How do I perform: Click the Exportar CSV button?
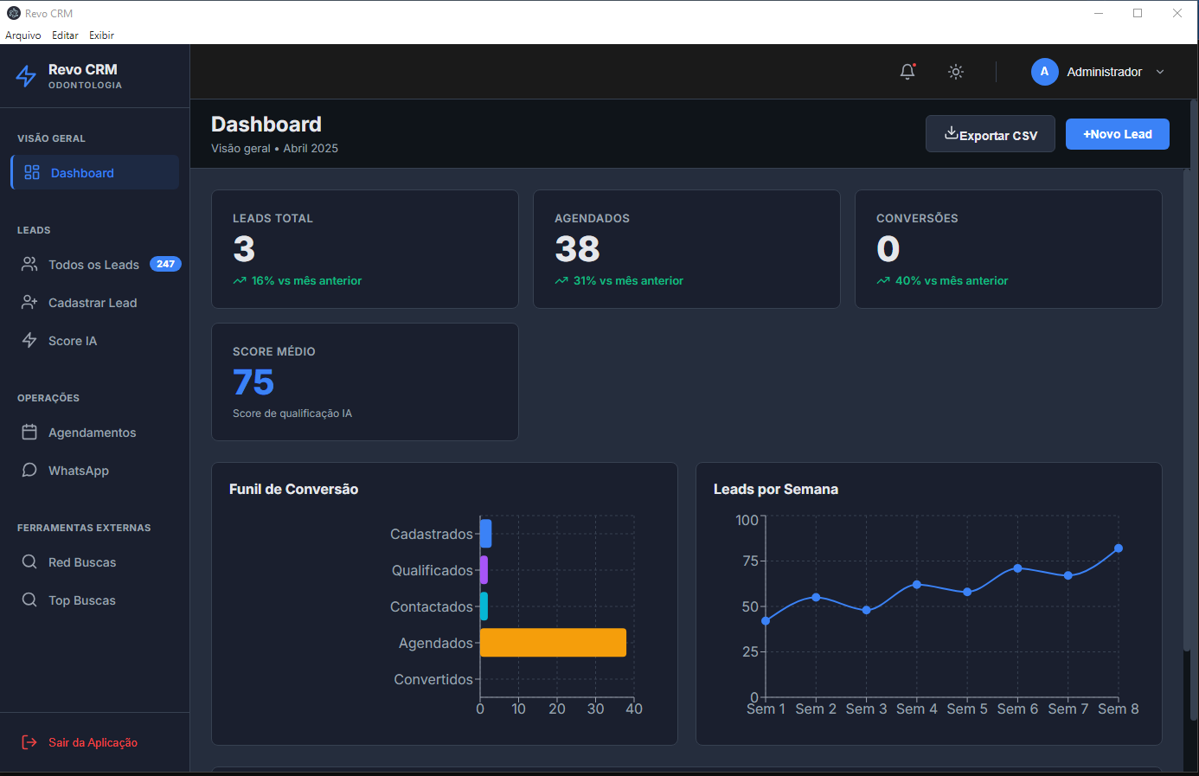[990, 134]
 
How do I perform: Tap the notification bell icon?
[907, 72]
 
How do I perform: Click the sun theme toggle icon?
[956, 72]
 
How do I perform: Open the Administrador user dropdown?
[1098, 72]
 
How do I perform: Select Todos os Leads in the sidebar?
[93, 265]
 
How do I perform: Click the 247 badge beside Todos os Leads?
[165, 264]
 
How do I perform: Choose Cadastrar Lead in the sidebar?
[93, 303]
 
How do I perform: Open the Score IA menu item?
[73, 341]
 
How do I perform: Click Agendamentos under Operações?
[92, 433]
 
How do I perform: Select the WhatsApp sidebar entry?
[78, 471]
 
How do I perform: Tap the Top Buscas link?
[81, 600]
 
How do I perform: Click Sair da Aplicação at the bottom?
[93, 742]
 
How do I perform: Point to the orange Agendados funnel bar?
[553, 643]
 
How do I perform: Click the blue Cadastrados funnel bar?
[486, 534]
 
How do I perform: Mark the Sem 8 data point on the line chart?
[1119, 548]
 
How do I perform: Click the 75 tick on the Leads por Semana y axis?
[750, 561]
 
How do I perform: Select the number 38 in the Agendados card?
[577, 249]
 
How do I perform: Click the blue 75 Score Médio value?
[253, 382]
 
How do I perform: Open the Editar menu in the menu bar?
[65, 35]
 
